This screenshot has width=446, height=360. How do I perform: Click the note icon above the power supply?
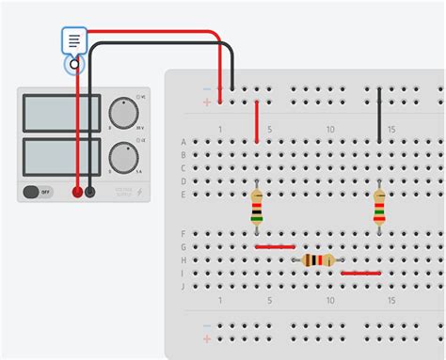pos(74,40)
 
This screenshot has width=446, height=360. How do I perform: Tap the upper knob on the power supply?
pos(123,113)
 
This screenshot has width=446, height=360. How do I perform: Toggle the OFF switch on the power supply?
pos(38,192)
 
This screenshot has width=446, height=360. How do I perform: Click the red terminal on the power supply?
pos(77,192)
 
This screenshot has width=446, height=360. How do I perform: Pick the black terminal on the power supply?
pos(90,192)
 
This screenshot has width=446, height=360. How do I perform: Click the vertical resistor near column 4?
pos(257,207)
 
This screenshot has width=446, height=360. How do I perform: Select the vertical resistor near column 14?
pos(379,207)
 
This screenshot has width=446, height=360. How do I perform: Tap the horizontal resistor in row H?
pos(318,260)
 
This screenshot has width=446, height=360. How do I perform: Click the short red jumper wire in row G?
pos(275,247)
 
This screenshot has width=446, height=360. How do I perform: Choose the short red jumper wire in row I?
pos(360,274)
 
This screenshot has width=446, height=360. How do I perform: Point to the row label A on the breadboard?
pos(183,142)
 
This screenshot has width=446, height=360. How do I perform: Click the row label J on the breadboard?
pos(183,286)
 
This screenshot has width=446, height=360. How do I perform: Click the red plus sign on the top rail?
pos(207,102)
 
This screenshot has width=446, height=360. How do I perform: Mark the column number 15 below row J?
pos(391,300)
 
